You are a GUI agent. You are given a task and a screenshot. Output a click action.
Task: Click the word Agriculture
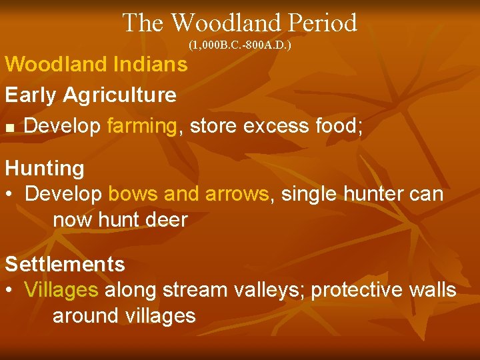click(119, 95)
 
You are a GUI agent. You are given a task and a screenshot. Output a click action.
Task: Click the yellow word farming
click(141, 126)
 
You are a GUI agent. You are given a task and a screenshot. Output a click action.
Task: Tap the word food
click(338, 126)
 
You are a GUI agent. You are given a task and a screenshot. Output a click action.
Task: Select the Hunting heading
click(45, 168)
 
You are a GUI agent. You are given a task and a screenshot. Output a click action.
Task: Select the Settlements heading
click(65, 264)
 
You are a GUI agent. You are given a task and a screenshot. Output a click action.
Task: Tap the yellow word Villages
click(61, 290)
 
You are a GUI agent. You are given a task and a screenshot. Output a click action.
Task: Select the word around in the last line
click(85, 315)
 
